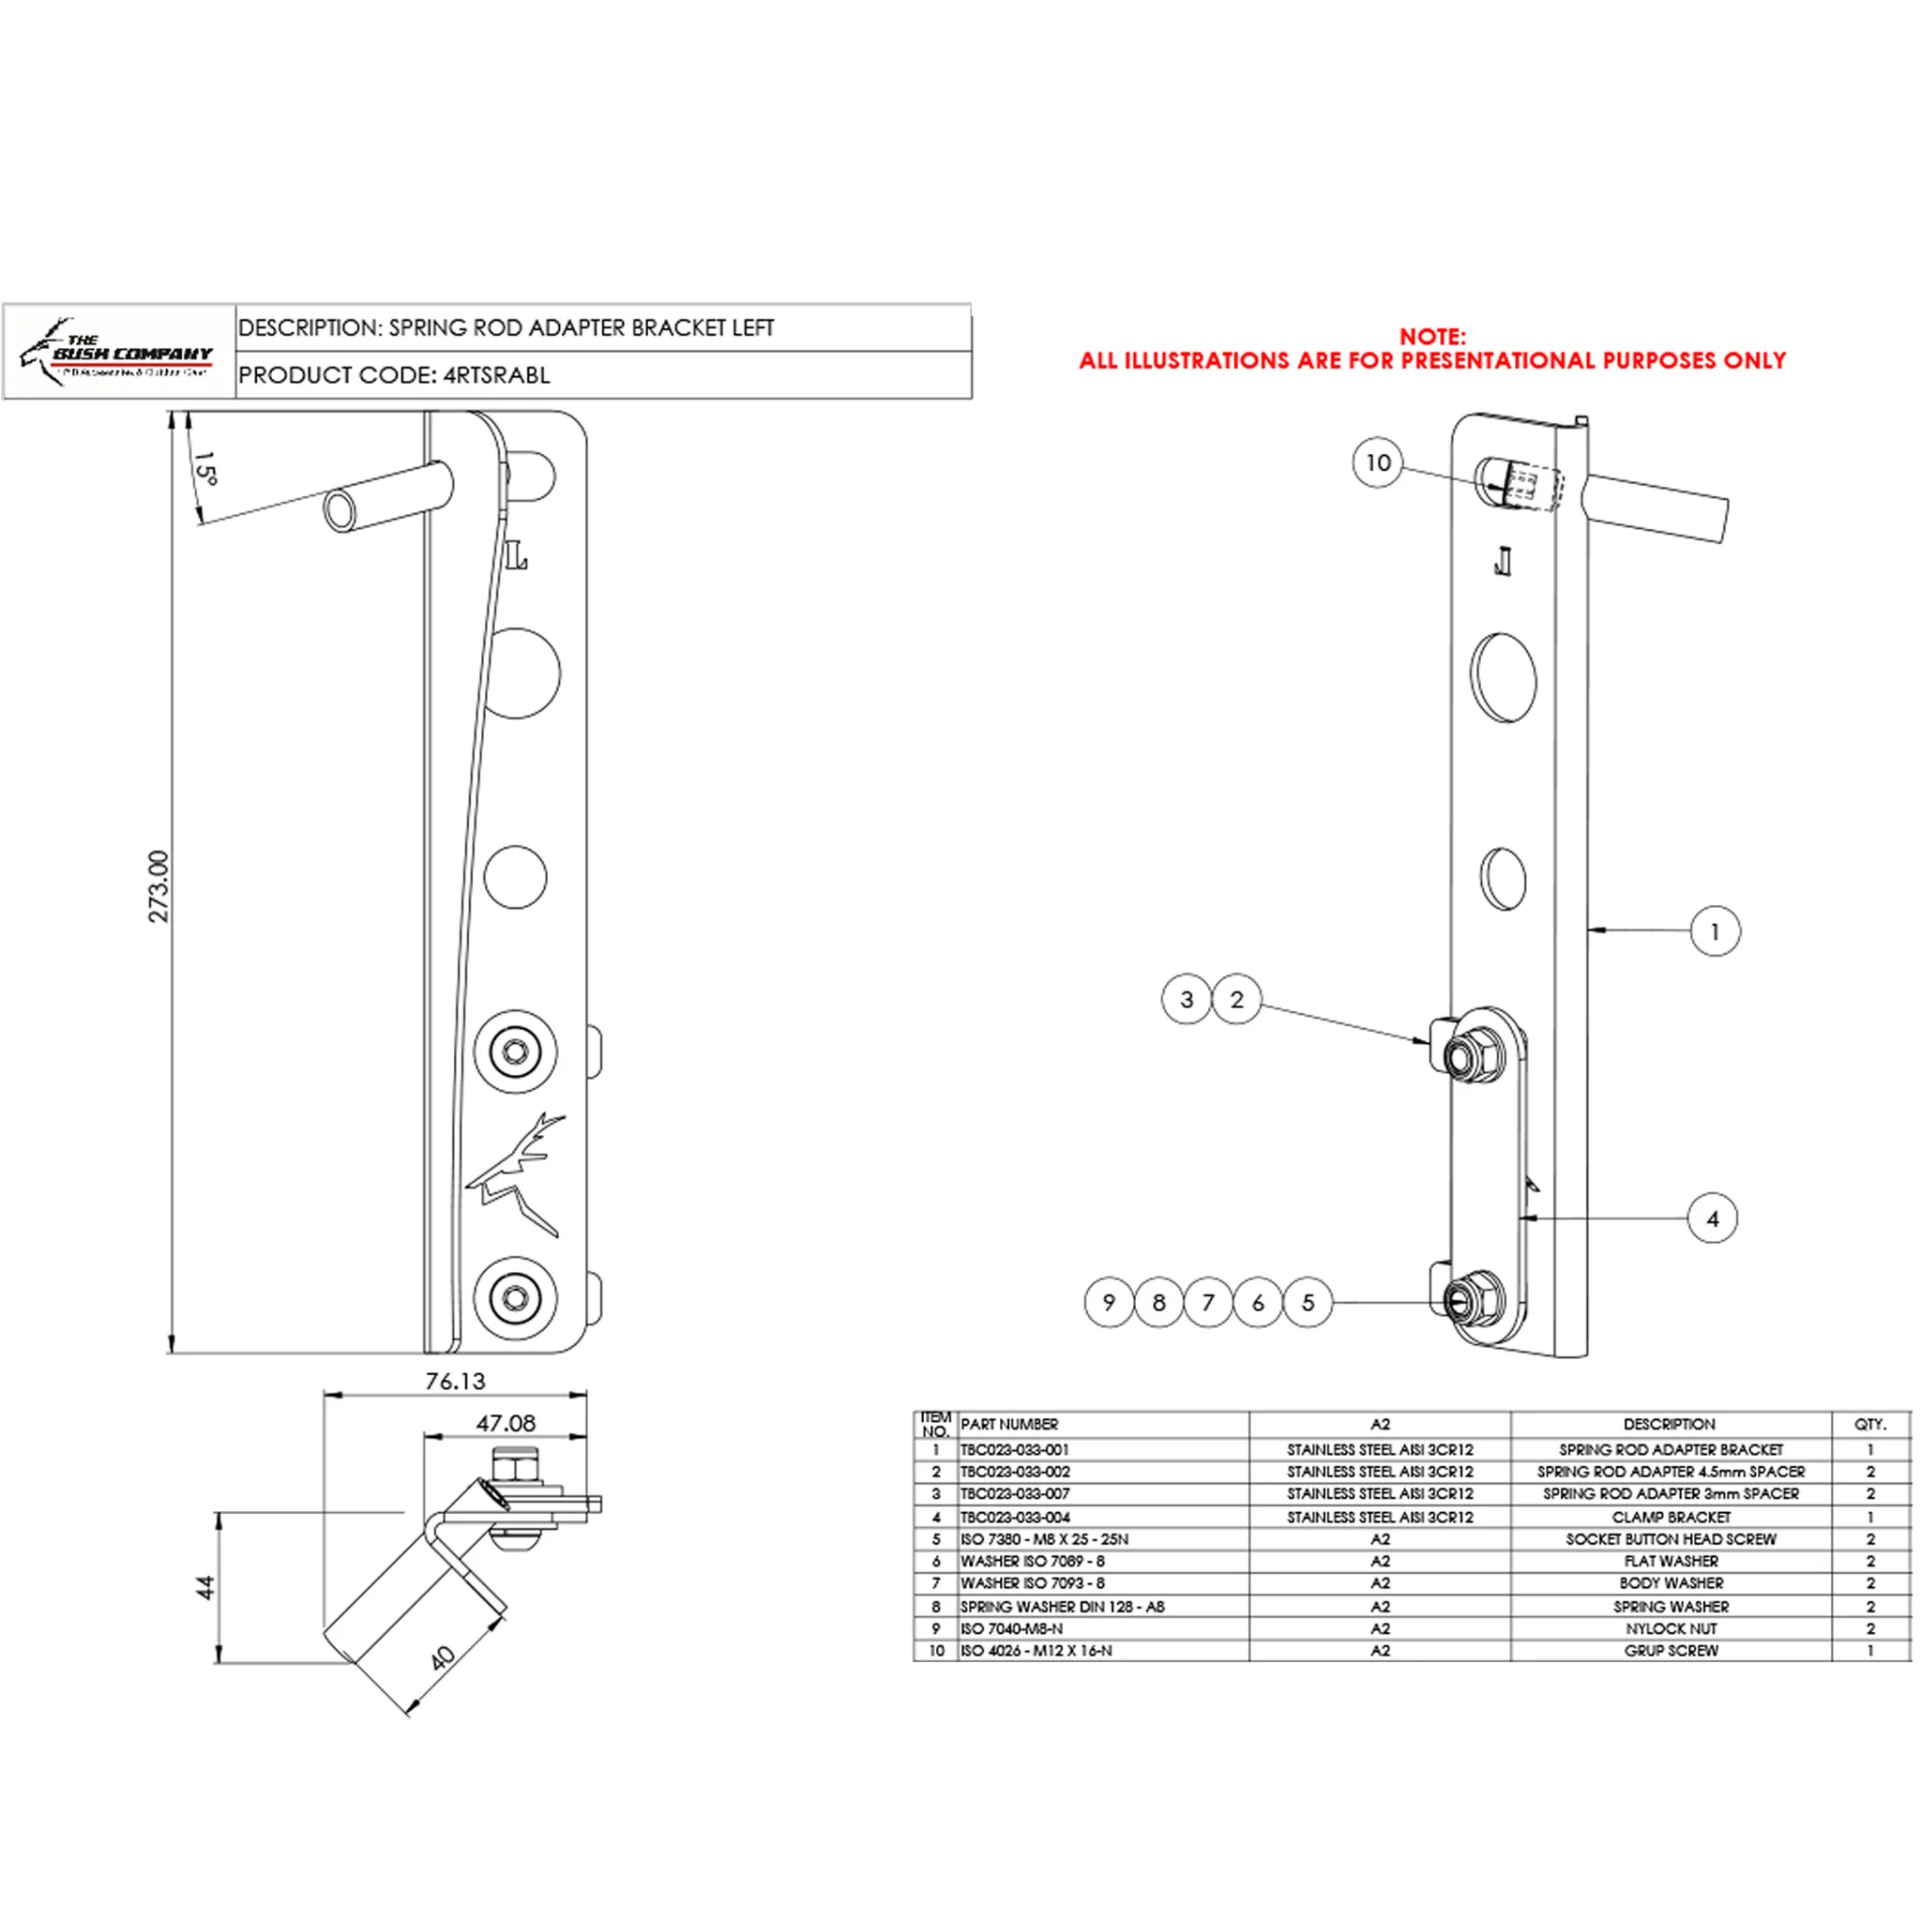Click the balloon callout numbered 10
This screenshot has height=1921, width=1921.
(x=1377, y=463)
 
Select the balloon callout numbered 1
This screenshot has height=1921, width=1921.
(x=1715, y=931)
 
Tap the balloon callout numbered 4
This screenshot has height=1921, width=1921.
(x=1712, y=1219)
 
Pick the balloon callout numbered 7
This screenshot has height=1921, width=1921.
(x=1208, y=1303)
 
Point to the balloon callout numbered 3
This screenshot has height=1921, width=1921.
(x=1187, y=999)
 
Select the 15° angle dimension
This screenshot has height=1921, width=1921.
(x=204, y=468)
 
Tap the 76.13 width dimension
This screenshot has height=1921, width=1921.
(x=454, y=1382)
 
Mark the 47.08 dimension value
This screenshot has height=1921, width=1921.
(x=506, y=1424)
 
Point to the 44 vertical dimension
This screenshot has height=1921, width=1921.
(x=204, y=1587)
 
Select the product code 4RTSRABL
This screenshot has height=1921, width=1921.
(x=495, y=376)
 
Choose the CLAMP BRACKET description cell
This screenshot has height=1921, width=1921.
(x=1671, y=1518)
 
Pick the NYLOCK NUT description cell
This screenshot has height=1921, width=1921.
(x=1671, y=1628)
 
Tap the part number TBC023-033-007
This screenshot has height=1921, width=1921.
(x=1014, y=1494)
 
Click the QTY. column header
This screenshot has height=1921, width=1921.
(x=1869, y=1425)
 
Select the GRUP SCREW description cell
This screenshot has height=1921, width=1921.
(x=1671, y=1651)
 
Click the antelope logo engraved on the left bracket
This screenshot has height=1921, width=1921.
(x=517, y=1175)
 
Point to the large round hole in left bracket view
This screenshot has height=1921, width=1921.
(x=517, y=673)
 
